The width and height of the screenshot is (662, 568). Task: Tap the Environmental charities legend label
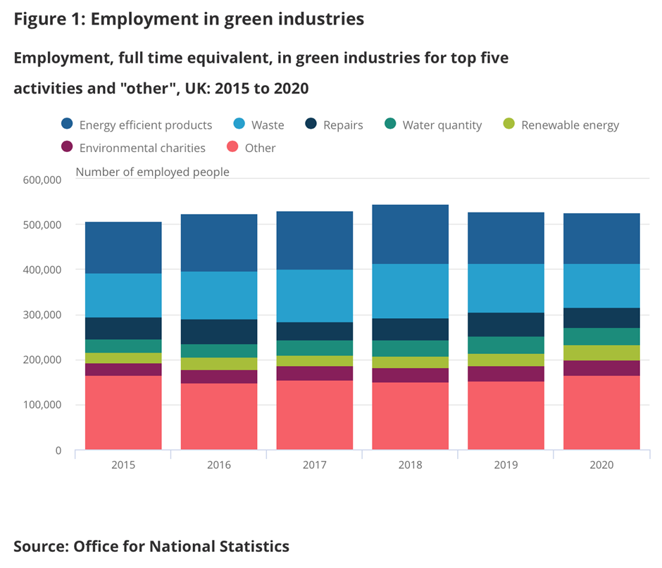coord(142,148)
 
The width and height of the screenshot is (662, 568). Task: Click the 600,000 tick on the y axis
coord(44,180)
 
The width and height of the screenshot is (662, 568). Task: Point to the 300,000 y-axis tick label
coord(44,315)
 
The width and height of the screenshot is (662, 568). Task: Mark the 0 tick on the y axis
coord(58,450)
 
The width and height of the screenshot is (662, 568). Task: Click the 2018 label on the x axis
coord(411,465)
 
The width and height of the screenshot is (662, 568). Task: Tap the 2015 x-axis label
coord(123,465)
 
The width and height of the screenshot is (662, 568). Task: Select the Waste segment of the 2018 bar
coord(411,291)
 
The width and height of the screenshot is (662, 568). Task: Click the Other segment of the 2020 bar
coord(601,412)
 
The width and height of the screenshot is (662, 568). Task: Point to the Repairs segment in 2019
coord(506,324)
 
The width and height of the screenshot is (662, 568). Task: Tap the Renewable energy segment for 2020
coord(601,353)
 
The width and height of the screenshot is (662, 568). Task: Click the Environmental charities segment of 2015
coord(123,370)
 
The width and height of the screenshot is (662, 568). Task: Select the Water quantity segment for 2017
coord(315,348)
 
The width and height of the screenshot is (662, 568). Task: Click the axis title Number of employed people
coord(152,172)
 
